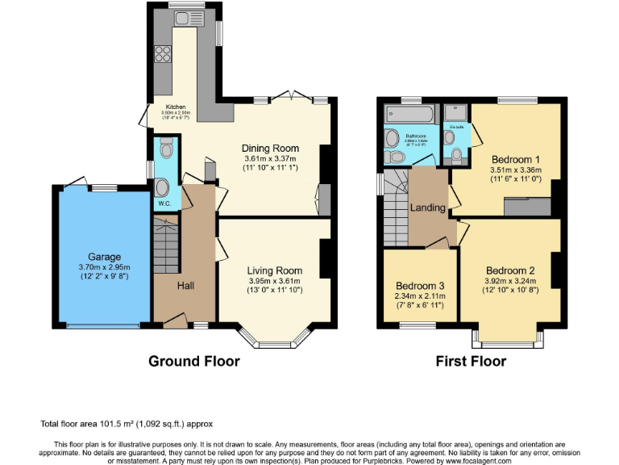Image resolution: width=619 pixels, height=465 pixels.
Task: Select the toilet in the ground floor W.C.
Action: point(166,149)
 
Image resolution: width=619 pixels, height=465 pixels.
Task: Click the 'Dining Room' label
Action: point(271,149)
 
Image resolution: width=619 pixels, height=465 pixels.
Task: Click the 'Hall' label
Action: point(185,286)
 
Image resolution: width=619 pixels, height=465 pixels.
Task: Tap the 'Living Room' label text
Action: point(275,270)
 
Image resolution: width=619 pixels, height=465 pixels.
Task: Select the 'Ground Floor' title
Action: point(193,361)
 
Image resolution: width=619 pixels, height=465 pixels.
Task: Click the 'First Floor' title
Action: point(471,361)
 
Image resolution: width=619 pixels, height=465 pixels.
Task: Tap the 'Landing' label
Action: point(427,207)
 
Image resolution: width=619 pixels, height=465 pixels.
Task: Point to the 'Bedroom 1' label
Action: point(515,158)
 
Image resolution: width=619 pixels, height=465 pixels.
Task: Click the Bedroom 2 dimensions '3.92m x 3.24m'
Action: point(510,282)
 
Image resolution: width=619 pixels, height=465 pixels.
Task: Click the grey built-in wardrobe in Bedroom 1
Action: point(527,207)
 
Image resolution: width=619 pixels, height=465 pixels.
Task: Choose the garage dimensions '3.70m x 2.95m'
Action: point(104,266)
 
